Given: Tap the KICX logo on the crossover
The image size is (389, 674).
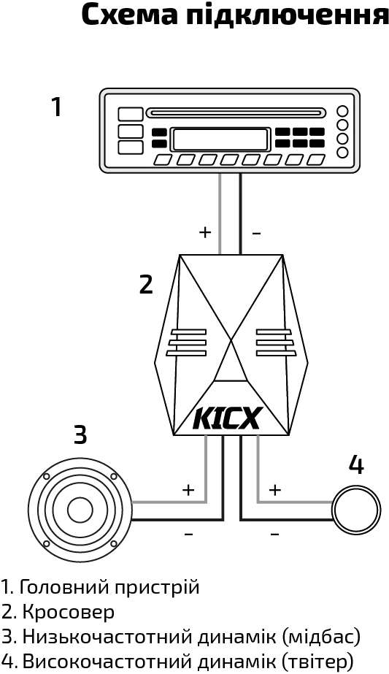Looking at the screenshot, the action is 227,418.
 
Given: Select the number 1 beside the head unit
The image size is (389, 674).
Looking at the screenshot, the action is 57,107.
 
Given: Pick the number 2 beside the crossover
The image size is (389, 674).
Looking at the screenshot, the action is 146,284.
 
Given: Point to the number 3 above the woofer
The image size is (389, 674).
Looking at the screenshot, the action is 80,434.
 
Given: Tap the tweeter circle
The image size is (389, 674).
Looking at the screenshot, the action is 357,510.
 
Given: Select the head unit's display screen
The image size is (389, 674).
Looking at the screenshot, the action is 220,139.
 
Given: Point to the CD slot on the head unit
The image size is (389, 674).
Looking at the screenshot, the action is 236,113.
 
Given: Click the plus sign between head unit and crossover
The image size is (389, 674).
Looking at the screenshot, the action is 205,232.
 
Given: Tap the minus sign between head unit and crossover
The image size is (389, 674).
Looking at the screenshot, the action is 256,234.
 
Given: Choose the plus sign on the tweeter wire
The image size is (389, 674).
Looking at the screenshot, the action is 274,489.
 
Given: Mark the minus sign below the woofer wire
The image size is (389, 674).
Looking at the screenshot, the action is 188,534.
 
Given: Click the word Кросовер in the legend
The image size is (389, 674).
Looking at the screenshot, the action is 69,612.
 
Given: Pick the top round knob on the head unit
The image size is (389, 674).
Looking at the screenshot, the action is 342,111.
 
